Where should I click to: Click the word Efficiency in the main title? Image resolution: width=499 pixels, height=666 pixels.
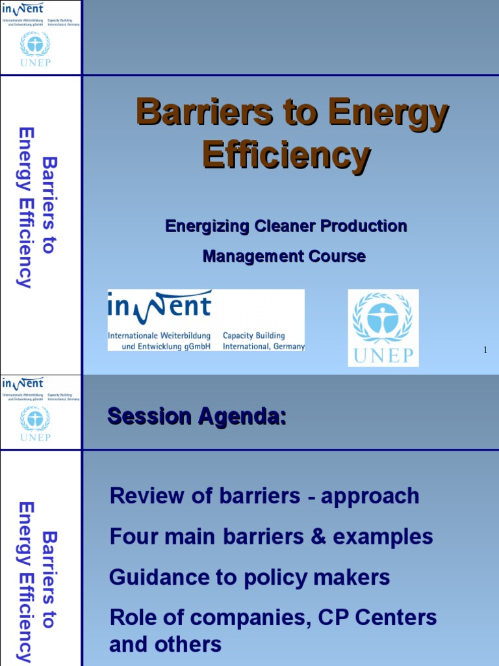[286, 155]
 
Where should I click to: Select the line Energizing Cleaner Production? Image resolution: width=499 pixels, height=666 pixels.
[286, 226]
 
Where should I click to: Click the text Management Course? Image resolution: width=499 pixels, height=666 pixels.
[284, 256]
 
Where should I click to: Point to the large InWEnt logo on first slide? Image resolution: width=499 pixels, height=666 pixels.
[206, 321]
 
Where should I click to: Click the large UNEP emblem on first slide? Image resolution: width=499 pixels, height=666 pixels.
[383, 327]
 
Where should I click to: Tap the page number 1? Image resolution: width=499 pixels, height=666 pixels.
[485, 351]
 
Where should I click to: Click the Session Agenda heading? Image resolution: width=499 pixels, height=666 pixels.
[196, 416]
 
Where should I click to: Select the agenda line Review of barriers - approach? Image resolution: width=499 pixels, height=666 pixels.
[264, 496]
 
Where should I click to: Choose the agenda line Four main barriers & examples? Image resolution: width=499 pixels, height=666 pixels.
[271, 537]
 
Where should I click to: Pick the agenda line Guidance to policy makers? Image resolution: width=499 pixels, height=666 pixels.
[249, 577]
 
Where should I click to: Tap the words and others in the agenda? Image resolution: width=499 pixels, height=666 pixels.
[165, 645]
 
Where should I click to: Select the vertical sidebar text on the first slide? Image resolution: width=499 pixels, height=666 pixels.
[36, 207]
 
